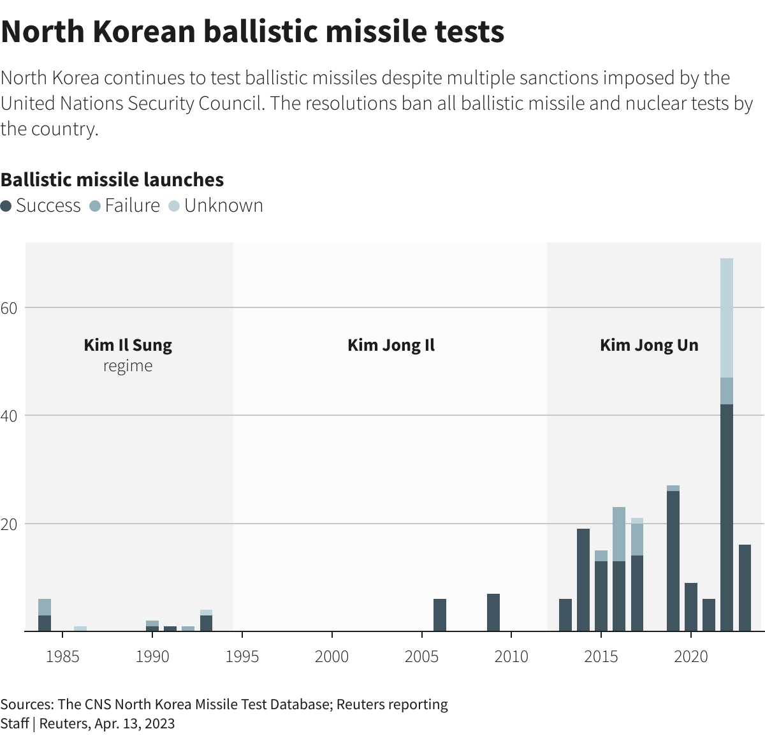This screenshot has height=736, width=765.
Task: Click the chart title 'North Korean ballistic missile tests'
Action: click(252, 32)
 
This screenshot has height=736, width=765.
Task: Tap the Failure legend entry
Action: click(125, 205)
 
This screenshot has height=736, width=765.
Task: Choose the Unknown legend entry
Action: click(216, 205)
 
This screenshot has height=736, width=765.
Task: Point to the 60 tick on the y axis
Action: click(9, 308)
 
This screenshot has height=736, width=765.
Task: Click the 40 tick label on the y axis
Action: click(9, 416)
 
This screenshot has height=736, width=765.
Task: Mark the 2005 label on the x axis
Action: click(421, 656)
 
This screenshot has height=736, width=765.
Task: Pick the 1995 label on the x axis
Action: click(242, 656)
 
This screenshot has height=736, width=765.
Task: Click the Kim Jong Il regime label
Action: click(391, 345)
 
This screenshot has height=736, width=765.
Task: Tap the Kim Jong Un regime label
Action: click(649, 345)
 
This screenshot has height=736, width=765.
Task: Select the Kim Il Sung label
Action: click(127, 345)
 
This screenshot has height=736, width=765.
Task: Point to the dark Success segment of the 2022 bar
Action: click(726, 517)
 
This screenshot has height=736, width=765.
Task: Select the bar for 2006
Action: click(440, 615)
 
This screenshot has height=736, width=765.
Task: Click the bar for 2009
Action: click(493, 612)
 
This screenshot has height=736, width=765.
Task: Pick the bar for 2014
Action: click(583, 580)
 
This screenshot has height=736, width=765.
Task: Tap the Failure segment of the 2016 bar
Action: click(619, 534)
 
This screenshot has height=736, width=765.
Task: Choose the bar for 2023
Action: click(745, 587)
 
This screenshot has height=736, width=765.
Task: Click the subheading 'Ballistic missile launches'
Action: click(112, 180)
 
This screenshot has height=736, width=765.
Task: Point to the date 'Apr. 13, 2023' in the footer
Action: click(135, 723)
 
